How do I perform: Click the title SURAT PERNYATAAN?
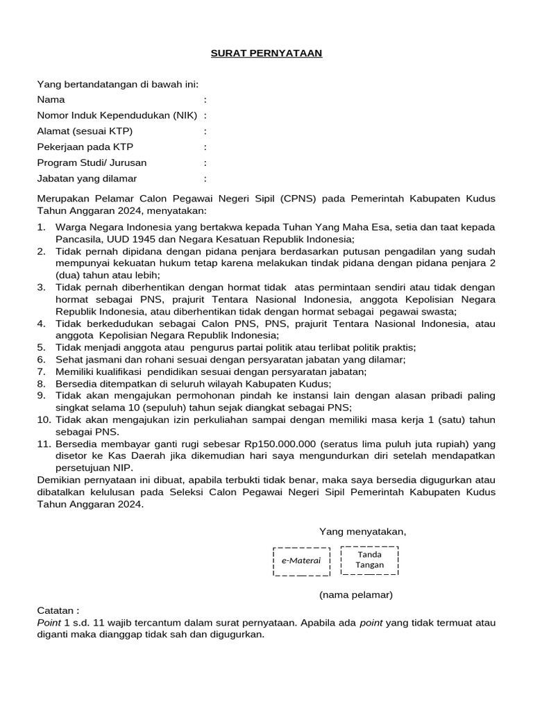click(266, 53)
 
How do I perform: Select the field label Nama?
click(51, 99)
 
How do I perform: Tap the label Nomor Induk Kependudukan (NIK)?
click(117, 115)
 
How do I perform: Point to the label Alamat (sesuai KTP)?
click(85, 131)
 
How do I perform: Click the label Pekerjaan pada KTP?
click(85, 147)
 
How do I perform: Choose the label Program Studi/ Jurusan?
click(92, 162)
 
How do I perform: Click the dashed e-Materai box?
click(301, 561)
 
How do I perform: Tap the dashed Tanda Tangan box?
click(369, 560)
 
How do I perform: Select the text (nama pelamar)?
click(356, 595)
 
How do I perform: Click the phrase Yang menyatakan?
click(362, 532)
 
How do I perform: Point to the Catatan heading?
click(58, 610)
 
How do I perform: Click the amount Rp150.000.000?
click(280, 443)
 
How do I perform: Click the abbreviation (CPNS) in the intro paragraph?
click(298, 199)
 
